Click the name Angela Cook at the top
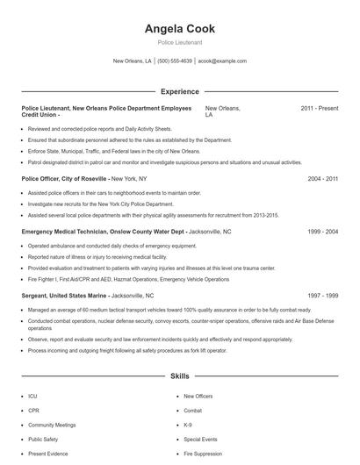tap(179, 29)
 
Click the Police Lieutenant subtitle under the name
tap(179, 42)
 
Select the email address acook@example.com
tap(222, 61)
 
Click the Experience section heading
tap(179, 91)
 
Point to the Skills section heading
tap(179, 376)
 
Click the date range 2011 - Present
tap(319, 108)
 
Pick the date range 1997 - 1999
tap(322, 297)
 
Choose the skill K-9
tap(188, 426)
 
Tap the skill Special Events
tap(200, 439)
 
